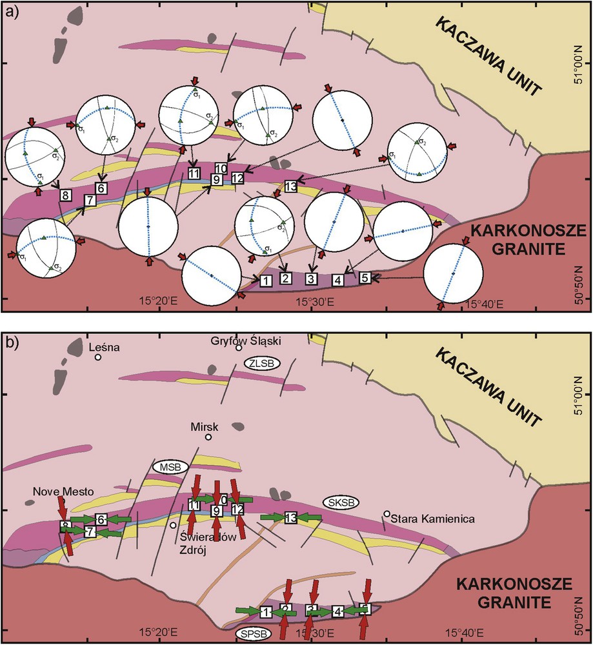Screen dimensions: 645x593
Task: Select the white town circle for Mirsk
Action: click(x=208, y=437)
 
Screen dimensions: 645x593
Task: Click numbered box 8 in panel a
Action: click(x=65, y=195)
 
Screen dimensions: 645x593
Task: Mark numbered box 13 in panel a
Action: click(x=290, y=186)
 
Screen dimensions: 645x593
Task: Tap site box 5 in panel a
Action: click(x=364, y=278)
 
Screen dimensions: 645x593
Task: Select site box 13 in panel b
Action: click(x=290, y=517)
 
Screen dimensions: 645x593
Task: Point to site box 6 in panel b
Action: click(x=101, y=519)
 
